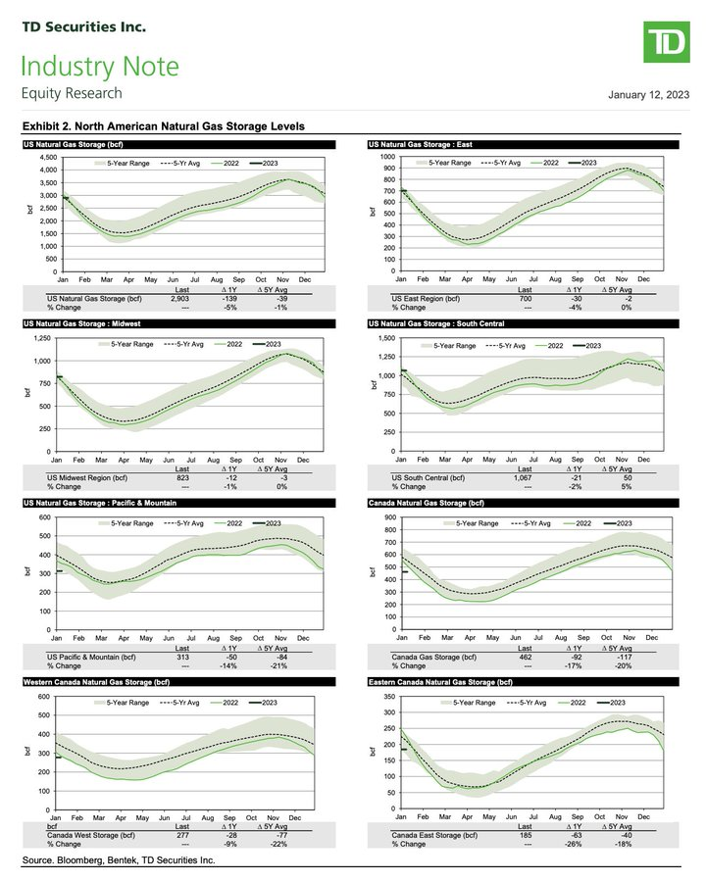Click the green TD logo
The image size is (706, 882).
(668, 44)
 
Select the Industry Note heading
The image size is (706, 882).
(100, 67)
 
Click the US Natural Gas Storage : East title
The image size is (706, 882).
(421, 144)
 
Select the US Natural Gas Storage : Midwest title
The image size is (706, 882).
(83, 323)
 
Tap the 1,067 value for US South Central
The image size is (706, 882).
(525, 476)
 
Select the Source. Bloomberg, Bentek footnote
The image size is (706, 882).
(118, 859)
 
